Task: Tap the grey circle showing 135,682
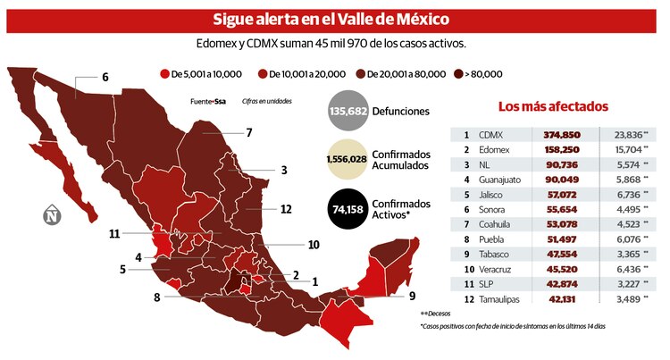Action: (x=350, y=112)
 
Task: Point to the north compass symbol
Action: (x=53, y=214)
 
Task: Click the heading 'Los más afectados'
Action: (x=552, y=106)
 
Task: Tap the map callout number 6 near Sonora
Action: (x=105, y=78)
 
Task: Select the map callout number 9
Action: (x=412, y=295)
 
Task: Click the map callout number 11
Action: (x=113, y=234)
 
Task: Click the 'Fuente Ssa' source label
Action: (x=207, y=102)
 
